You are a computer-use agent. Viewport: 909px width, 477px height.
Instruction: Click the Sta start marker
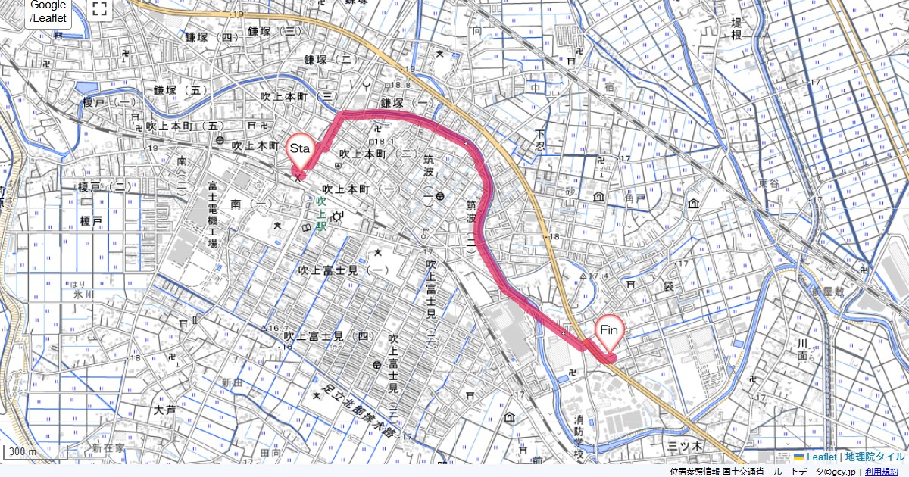coord(299,149)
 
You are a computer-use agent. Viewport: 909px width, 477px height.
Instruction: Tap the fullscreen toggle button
coord(99,9)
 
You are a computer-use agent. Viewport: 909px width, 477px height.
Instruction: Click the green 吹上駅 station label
coord(320,214)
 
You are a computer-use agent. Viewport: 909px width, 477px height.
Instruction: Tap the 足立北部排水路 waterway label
coord(356,413)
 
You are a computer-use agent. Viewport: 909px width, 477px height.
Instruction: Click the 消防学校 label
coord(579,437)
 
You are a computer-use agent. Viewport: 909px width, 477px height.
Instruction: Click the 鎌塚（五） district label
coord(180,89)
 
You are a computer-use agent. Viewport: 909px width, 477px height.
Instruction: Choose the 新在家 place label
coord(108,447)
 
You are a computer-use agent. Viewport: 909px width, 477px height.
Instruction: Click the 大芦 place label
coord(164,410)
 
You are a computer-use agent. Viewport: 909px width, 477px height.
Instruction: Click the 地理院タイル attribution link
coord(875,457)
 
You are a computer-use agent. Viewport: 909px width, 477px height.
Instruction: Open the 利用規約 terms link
coord(882,472)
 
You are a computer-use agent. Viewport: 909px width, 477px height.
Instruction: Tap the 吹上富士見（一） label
coord(343,270)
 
